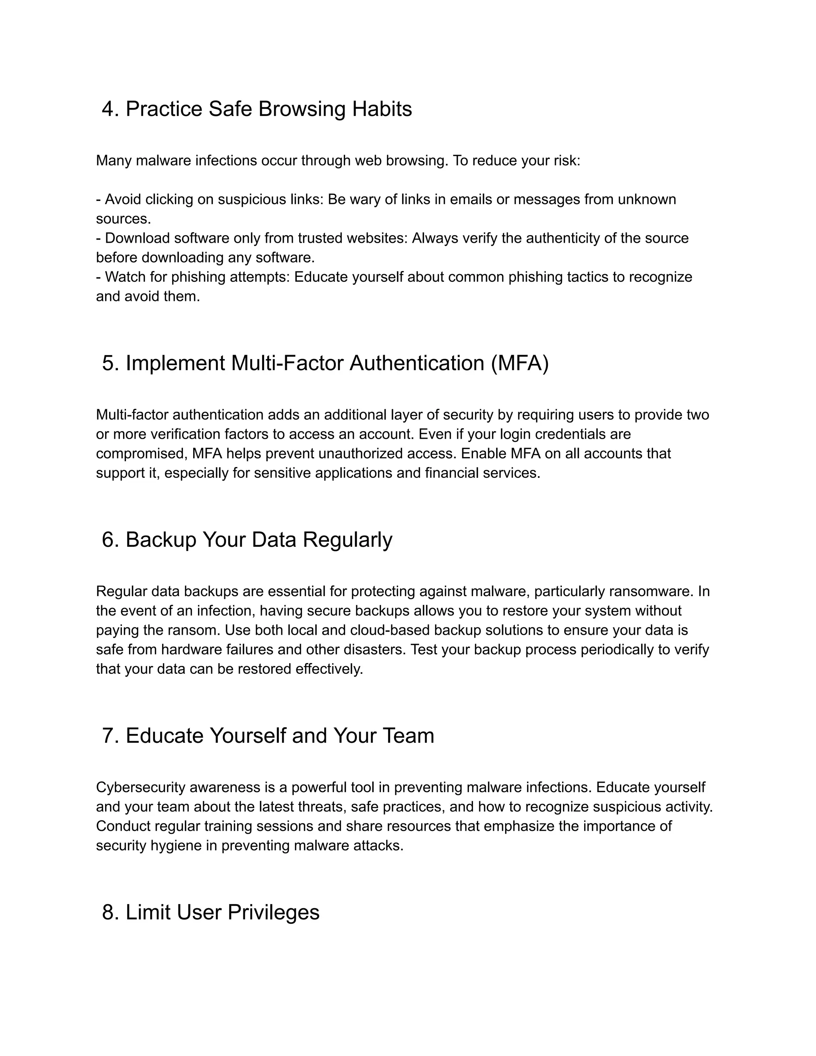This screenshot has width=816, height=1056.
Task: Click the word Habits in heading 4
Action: click(x=381, y=109)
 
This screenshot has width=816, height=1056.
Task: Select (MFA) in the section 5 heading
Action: click(x=520, y=363)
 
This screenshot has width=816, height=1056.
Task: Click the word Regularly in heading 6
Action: click(x=347, y=540)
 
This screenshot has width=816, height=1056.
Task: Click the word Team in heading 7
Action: click(x=408, y=736)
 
